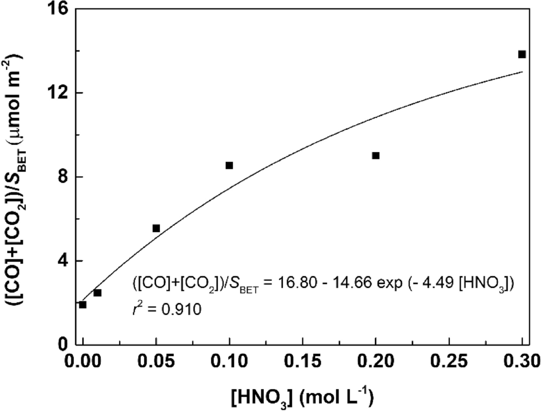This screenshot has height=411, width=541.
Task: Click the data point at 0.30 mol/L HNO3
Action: pyautogui.click(x=521, y=54)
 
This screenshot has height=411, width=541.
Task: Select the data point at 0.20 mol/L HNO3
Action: pyautogui.click(x=376, y=155)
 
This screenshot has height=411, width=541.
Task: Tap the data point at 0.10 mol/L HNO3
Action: pyautogui.click(x=229, y=166)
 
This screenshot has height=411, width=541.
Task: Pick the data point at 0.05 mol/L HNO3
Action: pyautogui.click(x=156, y=228)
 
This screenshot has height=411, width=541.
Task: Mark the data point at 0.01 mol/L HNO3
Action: pyautogui.click(x=97, y=292)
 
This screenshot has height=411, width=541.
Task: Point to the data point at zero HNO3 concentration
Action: pyautogui.click(x=83, y=305)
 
